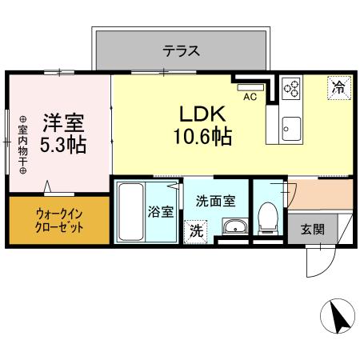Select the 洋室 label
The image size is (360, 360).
click(x=63, y=123)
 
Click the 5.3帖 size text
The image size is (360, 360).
click(x=63, y=146)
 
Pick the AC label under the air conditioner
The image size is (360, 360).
click(x=248, y=98)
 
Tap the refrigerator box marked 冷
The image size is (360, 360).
click(x=339, y=87)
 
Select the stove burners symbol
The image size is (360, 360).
click(x=290, y=87)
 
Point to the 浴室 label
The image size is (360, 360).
click(x=160, y=212)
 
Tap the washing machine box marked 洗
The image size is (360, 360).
click(x=196, y=231)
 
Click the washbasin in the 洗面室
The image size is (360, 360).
click(x=234, y=227)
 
